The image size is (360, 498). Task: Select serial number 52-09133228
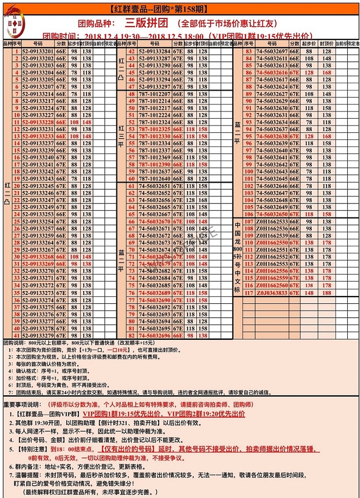pos(37,122)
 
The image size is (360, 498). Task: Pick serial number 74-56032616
pos(272,73)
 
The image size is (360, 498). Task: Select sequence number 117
pos(249,293)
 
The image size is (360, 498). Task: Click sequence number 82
pos(131,335)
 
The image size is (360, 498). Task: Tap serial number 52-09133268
pos(37,257)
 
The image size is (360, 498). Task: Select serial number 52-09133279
pos(37,335)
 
